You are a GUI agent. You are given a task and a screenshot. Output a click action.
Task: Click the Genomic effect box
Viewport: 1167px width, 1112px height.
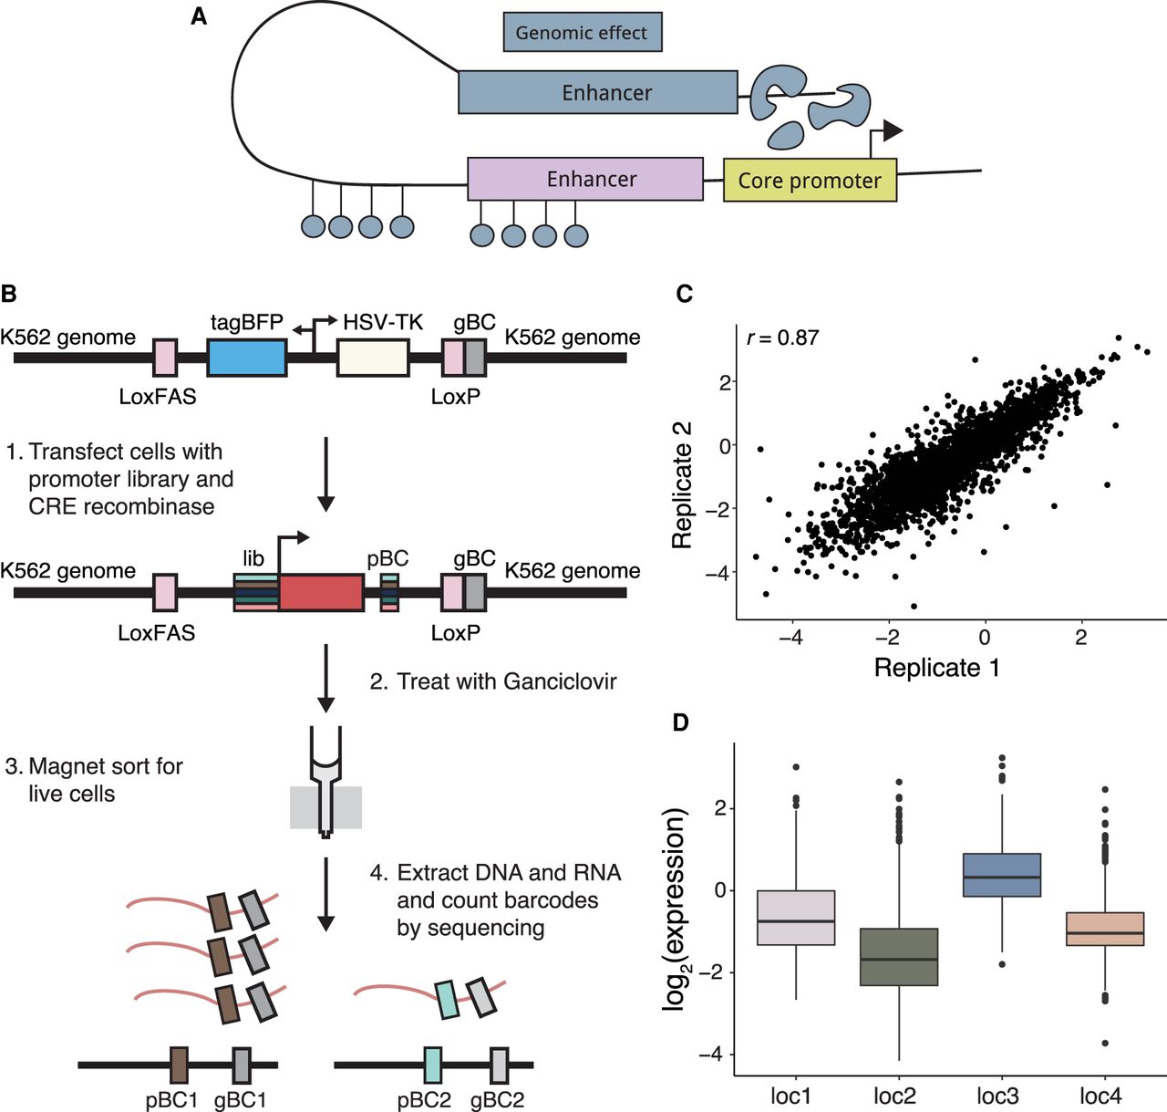coord(582,33)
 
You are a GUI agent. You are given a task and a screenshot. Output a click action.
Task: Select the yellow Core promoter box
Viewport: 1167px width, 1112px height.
coord(810,181)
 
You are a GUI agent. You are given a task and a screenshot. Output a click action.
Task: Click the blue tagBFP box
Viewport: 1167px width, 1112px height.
coord(247,358)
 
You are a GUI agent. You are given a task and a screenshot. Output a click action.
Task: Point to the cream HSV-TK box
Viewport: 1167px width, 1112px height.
coord(373,358)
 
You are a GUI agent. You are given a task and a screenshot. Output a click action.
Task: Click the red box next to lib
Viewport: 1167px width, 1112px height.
coord(321,593)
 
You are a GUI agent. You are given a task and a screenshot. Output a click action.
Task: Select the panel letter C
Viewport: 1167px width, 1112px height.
coord(685,294)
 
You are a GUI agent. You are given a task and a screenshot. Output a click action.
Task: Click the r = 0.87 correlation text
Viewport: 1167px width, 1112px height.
coord(782,338)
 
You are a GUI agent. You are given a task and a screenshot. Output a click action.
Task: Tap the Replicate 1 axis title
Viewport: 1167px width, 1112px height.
coord(936,668)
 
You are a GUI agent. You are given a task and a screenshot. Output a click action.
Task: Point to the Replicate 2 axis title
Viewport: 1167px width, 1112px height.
coord(682,484)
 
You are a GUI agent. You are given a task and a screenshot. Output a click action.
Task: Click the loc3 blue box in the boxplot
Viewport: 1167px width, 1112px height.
coord(1002,876)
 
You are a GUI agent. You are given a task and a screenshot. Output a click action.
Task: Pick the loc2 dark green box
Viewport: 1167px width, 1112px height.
coord(900,957)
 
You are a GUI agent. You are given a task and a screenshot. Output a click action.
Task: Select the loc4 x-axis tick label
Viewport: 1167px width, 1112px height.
coord(1100,1096)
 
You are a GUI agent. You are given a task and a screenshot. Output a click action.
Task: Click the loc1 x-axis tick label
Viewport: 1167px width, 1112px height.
coord(790,1096)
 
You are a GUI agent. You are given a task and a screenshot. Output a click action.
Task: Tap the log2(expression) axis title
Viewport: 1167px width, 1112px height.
coord(675,909)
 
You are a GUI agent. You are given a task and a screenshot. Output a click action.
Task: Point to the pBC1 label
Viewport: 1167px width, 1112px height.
coord(171,1100)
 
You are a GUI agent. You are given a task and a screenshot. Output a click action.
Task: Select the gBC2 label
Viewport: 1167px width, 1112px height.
coord(497,1100)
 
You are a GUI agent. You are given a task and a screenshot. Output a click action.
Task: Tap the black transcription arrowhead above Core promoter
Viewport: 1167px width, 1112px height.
coord(893,131)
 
